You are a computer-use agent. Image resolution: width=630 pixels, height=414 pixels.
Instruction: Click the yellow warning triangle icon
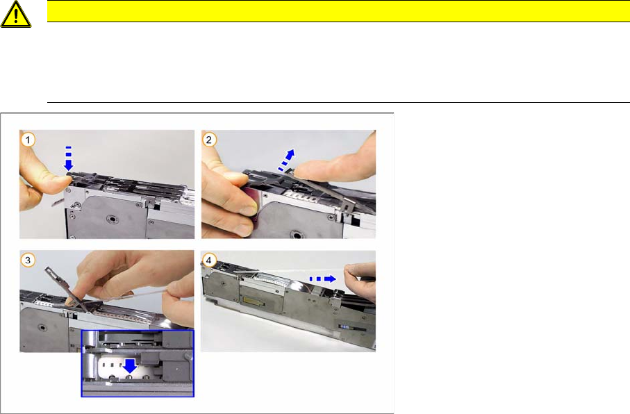16,14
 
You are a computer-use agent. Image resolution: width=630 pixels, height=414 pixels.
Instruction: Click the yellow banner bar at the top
338,11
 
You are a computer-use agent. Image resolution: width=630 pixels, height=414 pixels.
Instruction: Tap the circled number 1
28,140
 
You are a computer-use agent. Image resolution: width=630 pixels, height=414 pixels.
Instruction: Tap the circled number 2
208,140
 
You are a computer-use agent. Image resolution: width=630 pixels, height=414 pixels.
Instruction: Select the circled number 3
28,260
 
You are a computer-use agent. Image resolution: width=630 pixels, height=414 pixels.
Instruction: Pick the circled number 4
208,260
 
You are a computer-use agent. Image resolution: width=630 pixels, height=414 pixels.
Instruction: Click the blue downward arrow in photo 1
69,159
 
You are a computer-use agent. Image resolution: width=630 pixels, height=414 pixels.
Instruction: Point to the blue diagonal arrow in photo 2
287,160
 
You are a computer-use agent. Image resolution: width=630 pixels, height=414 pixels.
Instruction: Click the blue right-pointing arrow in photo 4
322,279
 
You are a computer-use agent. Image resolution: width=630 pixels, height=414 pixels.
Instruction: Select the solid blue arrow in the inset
130,366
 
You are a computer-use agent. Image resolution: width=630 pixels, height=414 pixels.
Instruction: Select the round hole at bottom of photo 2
298,234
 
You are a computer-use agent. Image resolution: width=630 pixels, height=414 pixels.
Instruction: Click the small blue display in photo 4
345,326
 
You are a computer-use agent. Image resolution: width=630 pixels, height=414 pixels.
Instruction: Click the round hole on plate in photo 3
42,327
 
